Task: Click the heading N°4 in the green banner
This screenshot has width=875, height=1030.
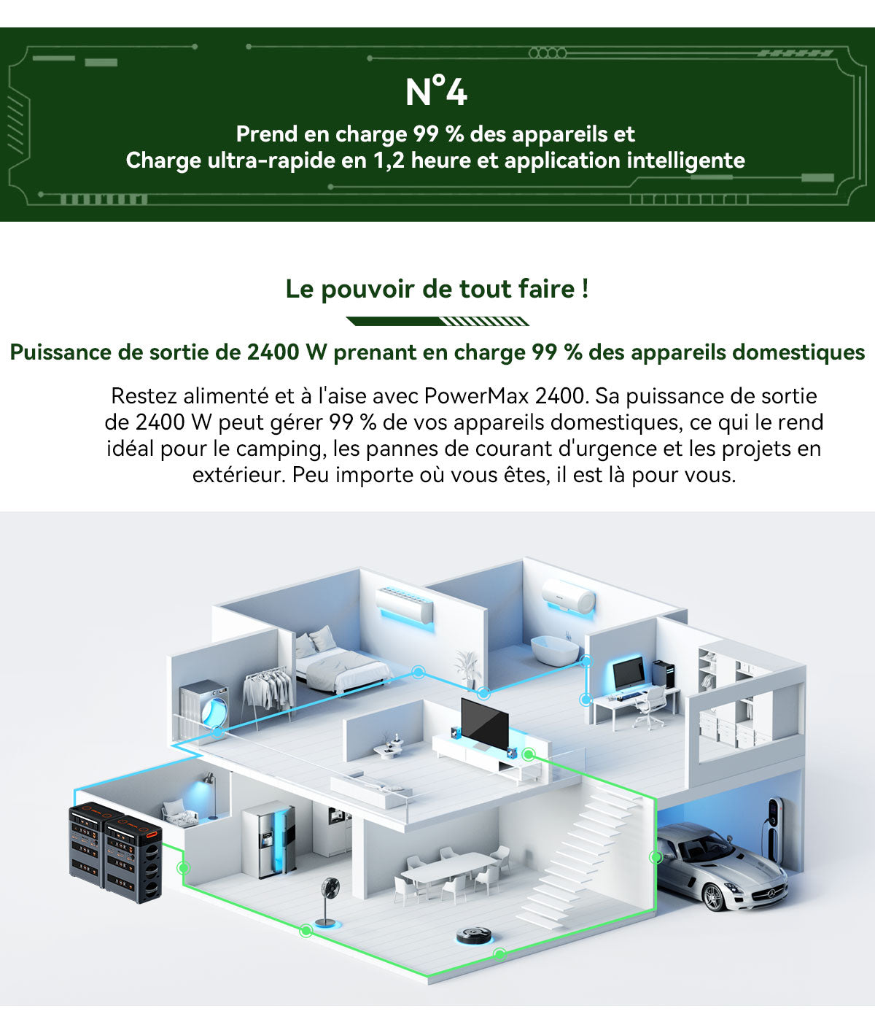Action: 436,92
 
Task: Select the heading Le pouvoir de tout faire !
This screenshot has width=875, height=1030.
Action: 437,289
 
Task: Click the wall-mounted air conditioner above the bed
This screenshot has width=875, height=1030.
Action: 405,603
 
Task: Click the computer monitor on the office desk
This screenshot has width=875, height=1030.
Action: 628,673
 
